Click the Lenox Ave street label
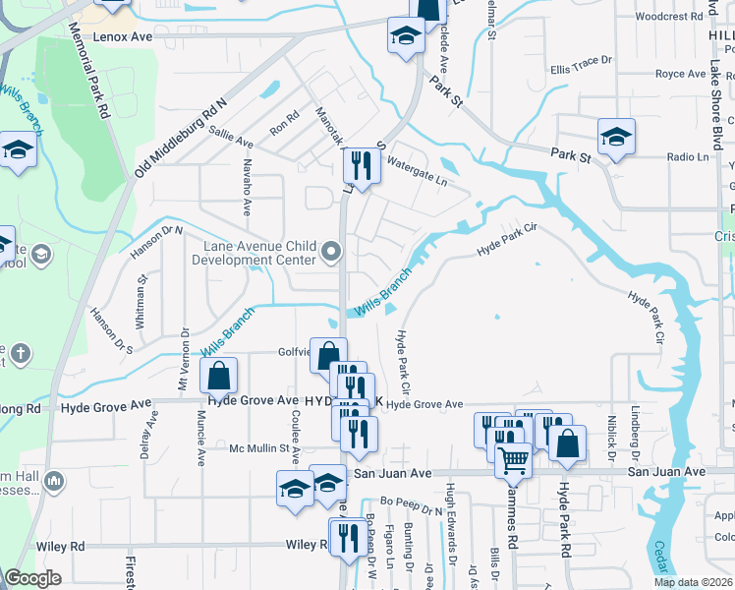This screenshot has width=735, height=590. tap(123, 35)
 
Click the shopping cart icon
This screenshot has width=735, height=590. tap(513, 458)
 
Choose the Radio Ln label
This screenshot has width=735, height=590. tap(688, 157)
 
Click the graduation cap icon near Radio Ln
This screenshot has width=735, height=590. tap(616, 137)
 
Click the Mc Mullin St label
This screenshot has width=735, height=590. tap(262, 449)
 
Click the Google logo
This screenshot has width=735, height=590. tap(32, 579)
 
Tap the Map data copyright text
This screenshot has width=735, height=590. tap(694, 582)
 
